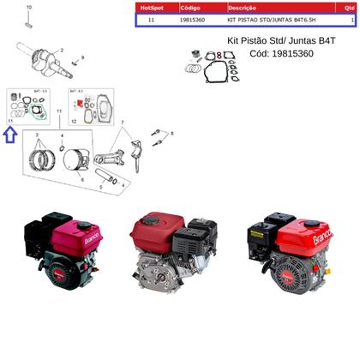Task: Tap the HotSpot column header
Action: (x=151, y=8)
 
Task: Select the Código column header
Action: (x=191, y=8)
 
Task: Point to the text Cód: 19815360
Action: (x=280, y=53)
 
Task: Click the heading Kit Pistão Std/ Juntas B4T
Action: (x=280, y=40)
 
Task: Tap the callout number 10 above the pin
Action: (x=27, y=8)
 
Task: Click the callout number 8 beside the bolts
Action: (x=171, y=135)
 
